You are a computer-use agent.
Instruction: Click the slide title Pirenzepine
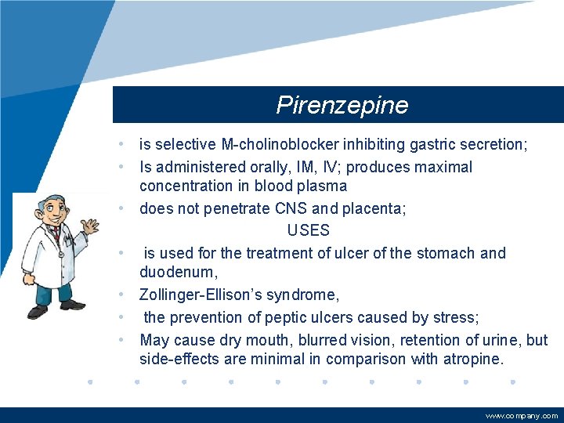pos(342,106)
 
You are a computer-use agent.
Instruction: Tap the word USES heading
pos(309,231)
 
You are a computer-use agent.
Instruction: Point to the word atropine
pos(472,360)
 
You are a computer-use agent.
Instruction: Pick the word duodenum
pos(176,273)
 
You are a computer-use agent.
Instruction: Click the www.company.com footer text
pos(522,416)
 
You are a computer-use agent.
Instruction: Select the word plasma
pos(323,186)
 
